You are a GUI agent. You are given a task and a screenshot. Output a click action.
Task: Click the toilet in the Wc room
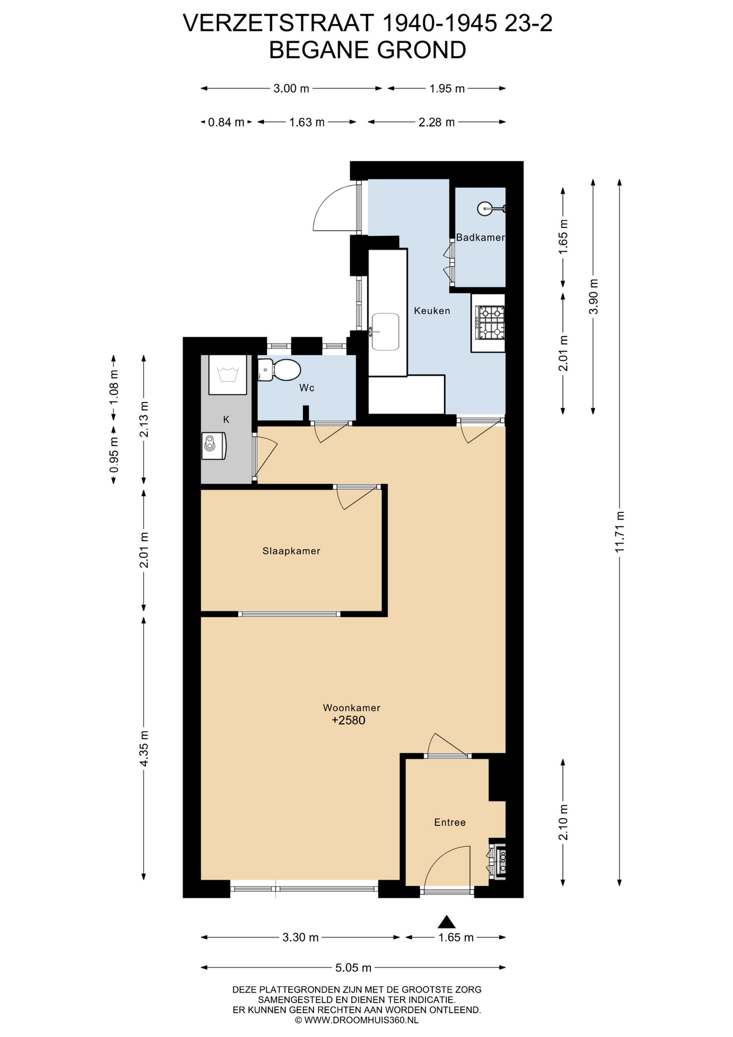[x=279, y=371]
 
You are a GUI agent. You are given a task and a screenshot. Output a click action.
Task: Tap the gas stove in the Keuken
[x=490, y=322]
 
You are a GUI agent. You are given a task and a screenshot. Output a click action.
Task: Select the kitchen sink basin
[x=385, y=332]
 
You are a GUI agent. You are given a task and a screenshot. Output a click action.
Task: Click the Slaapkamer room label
[x=291, y=551]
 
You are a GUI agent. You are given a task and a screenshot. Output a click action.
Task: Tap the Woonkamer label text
[x=351, y=708]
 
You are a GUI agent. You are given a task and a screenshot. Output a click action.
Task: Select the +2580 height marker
[x=349, y=720]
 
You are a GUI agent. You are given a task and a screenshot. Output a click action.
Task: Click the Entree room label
[x=450, y=822]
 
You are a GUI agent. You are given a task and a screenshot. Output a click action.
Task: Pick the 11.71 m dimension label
[x=619, y=531]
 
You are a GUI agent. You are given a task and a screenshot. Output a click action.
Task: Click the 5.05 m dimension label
[x=354, y=967]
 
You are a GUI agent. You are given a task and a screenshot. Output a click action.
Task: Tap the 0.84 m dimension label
[x=226, y=122]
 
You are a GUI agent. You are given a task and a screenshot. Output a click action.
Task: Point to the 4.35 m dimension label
[x=144, y=748]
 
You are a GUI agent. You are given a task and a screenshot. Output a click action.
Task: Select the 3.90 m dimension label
[x=593, y=297]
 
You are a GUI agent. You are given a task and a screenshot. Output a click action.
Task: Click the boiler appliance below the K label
[x=214, y=446]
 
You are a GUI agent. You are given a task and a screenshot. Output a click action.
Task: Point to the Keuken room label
[x=432, y=311]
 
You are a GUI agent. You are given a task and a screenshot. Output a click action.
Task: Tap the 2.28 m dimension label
[x=437, y=122]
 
